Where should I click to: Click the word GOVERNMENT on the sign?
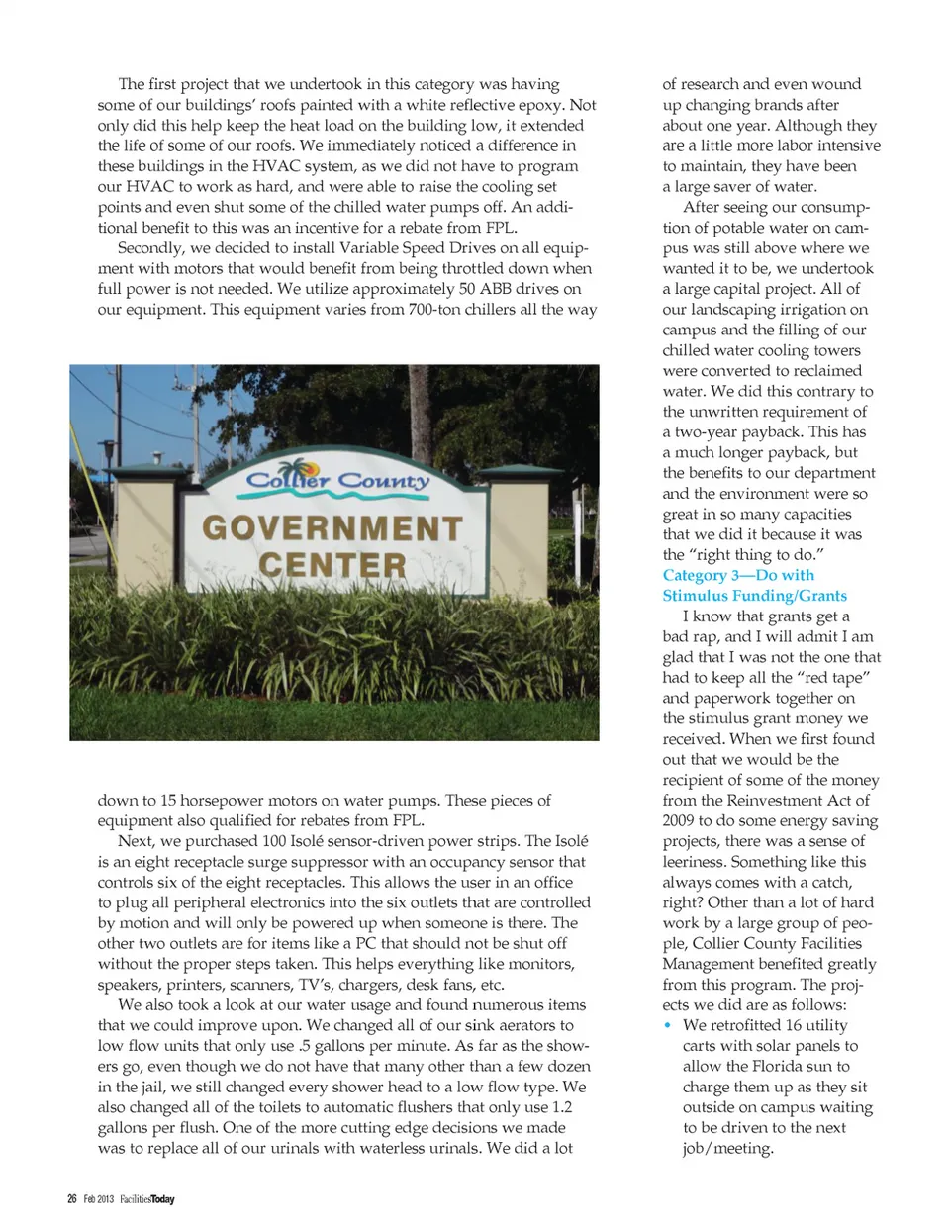point(332,527)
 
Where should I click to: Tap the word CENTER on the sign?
point(332,565)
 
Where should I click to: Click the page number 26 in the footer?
point(72,1199)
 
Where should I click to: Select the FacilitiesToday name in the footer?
point(147,1199)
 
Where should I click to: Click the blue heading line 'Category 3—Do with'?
point(738,575)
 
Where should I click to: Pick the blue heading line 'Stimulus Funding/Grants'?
point(754,596)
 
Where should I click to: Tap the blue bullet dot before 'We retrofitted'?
point(669,1026)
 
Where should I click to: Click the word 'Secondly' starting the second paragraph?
point(148,248)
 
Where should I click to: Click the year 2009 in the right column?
point(679,820)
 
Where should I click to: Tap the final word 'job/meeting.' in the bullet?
point(727,1149)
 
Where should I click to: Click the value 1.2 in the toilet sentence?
point(562,1107)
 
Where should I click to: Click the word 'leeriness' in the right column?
point(695,862)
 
